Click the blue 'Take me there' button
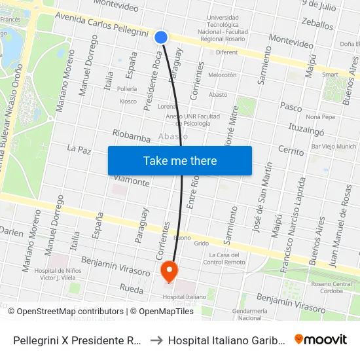[180, 160]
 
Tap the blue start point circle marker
[161, 37]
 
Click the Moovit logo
[321, 339]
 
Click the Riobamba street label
[132, 135]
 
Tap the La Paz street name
[79, 149]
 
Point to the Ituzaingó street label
[306, 128]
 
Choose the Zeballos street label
[317, 23]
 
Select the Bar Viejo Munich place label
[334, 147]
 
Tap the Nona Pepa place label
[319, 117]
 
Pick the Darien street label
[11, 232]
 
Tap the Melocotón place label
[222, 75]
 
